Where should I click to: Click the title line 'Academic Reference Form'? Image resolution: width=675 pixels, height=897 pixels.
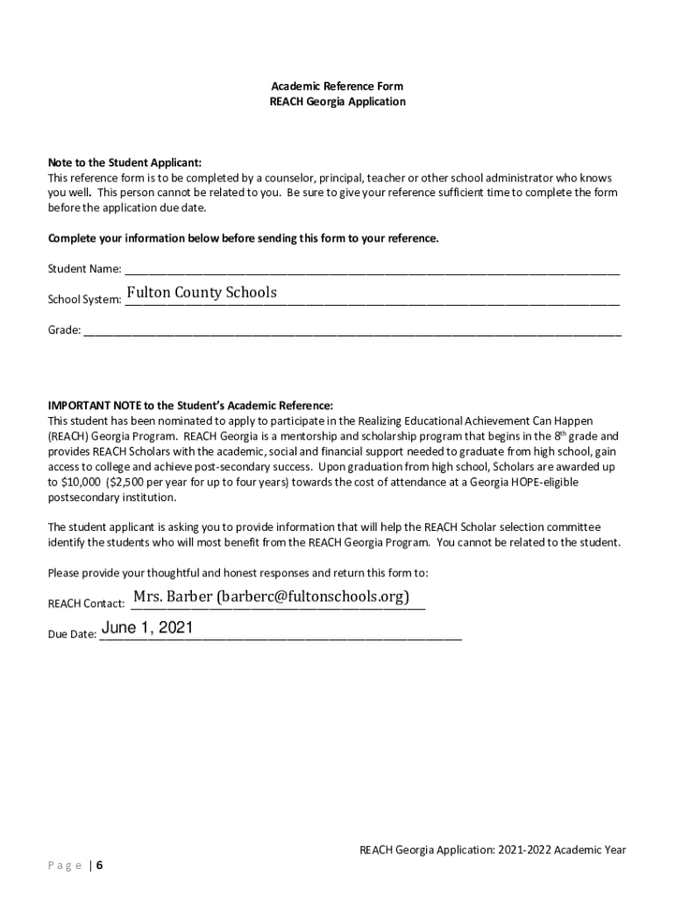click(337, 86)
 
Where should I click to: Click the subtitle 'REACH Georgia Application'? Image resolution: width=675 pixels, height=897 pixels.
click(337, 102)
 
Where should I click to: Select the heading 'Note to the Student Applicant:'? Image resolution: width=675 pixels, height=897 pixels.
click(124, 163)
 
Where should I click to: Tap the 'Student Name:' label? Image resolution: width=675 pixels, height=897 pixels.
click(84, 269)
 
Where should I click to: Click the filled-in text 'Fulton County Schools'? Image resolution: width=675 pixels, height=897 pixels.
click(202, 293)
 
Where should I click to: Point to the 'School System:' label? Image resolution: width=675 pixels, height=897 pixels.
click(84, 300)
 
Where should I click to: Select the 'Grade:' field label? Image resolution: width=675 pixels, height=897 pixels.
click(64, 331)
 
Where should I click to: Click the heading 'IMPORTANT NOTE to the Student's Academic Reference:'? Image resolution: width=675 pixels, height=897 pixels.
click(190, 406)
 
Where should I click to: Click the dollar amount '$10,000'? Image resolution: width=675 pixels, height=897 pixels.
click(78, 483)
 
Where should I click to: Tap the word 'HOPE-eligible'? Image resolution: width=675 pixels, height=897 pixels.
click(521, 483)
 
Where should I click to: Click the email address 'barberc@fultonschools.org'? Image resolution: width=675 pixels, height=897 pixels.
click(313, 597)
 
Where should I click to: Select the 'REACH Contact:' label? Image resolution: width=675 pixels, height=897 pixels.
click(86, 604)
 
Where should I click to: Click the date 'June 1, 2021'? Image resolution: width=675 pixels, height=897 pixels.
click(147, 627)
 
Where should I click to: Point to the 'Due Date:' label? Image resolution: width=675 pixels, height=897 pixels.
click(72, 635)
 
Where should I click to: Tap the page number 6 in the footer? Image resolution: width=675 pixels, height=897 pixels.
click(100, 865)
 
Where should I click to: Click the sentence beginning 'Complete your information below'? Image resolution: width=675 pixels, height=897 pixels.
click(243, 238)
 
